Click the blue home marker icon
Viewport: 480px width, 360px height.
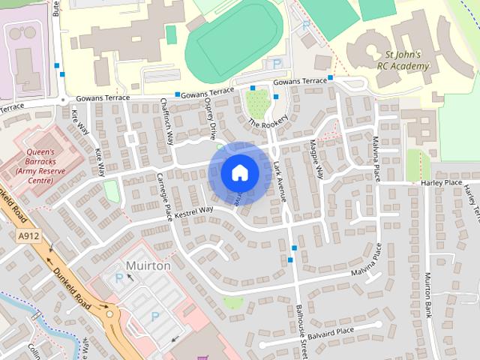tap(239, 172)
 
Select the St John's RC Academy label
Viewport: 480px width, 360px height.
tap(403, 60)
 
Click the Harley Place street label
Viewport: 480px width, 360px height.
tap(441, 182)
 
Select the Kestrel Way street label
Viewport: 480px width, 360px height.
tap(193, 211)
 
